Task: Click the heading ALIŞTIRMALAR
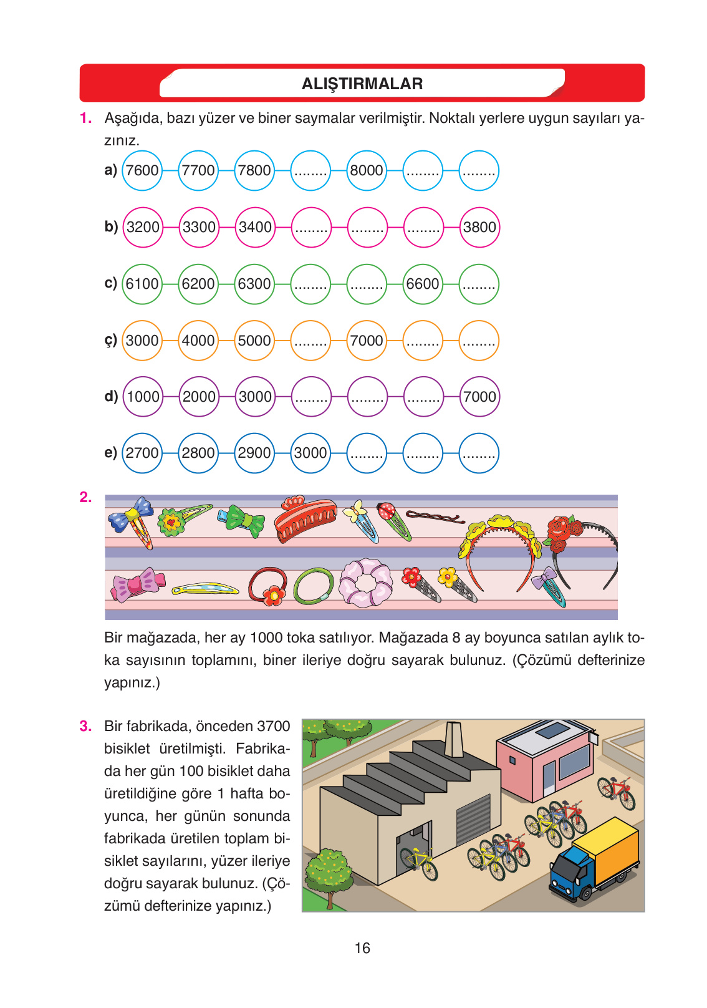pyautogui.click(x=362, y=84)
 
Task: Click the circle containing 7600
pyautogui.click(x=142, y=170)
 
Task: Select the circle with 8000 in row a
pyautogui.click(x=367, y=170)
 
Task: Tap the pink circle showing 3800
pyautogui.click(x=479, y=227)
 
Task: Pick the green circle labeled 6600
pyautogui.click(x=423, y=284)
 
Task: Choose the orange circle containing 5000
pyautogui.click(x=254, y=341)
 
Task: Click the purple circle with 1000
pyautogui.click(x=143, y=397)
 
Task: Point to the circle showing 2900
pyautogui.click(x=254, y=453)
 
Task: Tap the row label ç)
pyautogui.click(x=110, y=341)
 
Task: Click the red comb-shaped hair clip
pyautogui.click(x=305, y=519)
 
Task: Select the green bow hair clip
pyautogui.click(x=243, y=520)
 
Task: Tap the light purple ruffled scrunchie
pyautogui.click(x=365, y=583)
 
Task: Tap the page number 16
pyautogui.click(x=362, y=948)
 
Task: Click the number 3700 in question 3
pyautogui.click(x=273, y=726)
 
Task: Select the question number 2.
pyautogui.click(x=85, y=497)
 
